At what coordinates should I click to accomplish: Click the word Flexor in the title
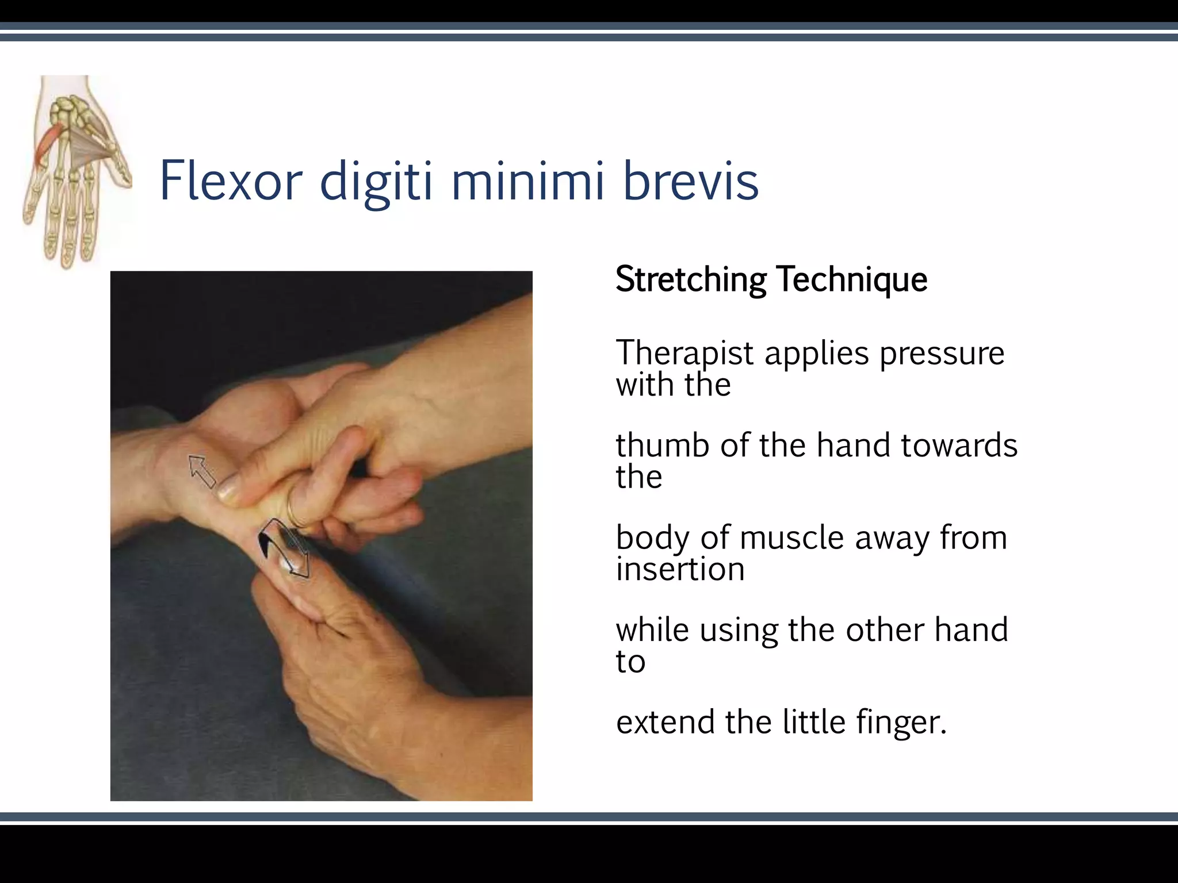(231, 181)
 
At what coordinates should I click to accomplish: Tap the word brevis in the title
(691, 181)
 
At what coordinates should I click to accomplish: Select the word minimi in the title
(527, 181)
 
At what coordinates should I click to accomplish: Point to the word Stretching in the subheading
(690, 280)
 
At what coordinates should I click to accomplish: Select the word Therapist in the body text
(684, 353)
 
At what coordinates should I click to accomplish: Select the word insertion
(680, 569)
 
